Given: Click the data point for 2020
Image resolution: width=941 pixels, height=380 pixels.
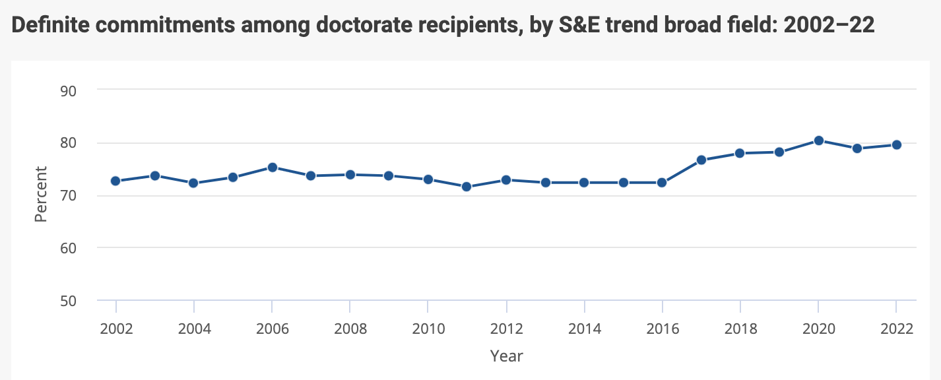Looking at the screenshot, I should [818, 141].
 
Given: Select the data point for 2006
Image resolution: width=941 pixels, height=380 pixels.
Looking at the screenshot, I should [272, 168].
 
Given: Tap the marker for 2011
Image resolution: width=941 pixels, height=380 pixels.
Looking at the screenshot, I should [467, 187].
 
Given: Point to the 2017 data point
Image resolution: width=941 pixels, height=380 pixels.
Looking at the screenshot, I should [701, 160].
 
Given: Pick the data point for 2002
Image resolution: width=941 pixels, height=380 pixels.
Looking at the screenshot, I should [115, 181].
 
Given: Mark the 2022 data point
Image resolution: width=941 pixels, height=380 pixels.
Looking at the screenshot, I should [896, 144].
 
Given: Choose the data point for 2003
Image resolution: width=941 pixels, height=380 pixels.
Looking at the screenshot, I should [154, 175].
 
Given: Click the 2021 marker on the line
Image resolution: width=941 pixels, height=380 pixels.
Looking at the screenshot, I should [857, 148].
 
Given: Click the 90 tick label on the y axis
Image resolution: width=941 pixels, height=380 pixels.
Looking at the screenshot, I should [69, 90].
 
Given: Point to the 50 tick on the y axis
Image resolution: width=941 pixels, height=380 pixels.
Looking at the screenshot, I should [69, 301].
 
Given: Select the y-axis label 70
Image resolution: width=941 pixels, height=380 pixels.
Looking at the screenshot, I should [69, 195].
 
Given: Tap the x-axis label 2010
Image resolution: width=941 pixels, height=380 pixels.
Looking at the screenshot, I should [428, 329].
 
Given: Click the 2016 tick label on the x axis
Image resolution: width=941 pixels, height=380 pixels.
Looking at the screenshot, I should [662, 329].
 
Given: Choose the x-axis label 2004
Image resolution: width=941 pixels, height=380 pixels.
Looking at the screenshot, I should [194, 329].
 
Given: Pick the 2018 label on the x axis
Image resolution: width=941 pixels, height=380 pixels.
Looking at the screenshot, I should [740, 329].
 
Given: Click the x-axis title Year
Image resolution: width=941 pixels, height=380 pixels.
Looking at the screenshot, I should [506, 356].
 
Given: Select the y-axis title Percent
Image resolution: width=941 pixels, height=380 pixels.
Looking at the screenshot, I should [41, 195].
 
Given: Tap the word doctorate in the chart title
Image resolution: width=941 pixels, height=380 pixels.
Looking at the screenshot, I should [311, 26].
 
